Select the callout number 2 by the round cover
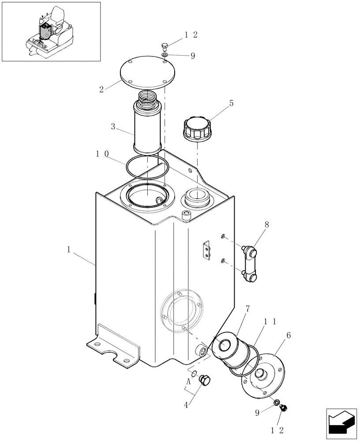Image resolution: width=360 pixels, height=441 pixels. [x=101, y=89]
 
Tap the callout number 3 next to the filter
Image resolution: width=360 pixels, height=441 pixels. [x=113, y=127]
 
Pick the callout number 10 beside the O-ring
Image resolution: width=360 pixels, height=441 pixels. [x=102, y=154]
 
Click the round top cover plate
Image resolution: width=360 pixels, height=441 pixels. [x=148, y=73]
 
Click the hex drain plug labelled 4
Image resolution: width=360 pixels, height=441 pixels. [x=205, y=380]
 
